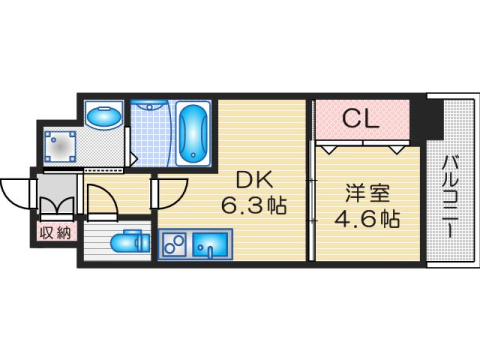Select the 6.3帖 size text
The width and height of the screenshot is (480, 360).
click(254, 207)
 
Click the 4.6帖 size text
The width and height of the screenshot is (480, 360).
click(363, 216)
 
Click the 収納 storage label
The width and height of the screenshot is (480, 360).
click(55, 233)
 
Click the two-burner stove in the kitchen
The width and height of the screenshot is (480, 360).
click(172, 244)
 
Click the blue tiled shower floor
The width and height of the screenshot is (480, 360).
click(150, 135)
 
